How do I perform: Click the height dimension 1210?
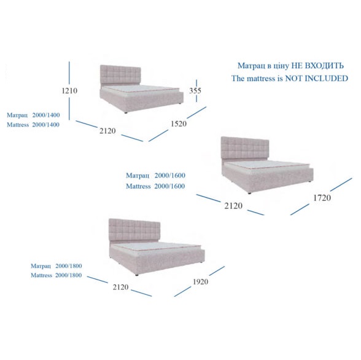pos(69,90)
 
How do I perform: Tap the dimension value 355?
pos(195,90)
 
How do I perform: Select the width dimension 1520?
pos(179,124)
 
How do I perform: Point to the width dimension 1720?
pos(322,198)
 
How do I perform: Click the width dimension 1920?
pos(200,281)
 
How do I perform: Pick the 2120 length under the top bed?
pos(107,131)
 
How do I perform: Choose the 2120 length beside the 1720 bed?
pos(233,206)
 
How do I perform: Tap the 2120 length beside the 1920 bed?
pos(120,287)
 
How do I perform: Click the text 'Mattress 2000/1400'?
pos(33,125)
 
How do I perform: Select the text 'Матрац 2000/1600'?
pos(156,176)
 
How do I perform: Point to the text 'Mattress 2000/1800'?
pos(56,275)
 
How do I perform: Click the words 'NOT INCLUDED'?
pos(317,78)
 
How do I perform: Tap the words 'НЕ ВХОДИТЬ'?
pos(317,66)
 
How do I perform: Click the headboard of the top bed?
pos(120,74)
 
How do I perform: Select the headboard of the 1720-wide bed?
pos(245,147)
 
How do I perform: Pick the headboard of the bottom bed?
pos(134,229)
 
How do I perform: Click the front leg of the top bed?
pos(126,112)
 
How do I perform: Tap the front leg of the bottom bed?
pos(137,275)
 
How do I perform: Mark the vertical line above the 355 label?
pos(196,83)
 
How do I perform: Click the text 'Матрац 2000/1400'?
pos(33,115)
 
